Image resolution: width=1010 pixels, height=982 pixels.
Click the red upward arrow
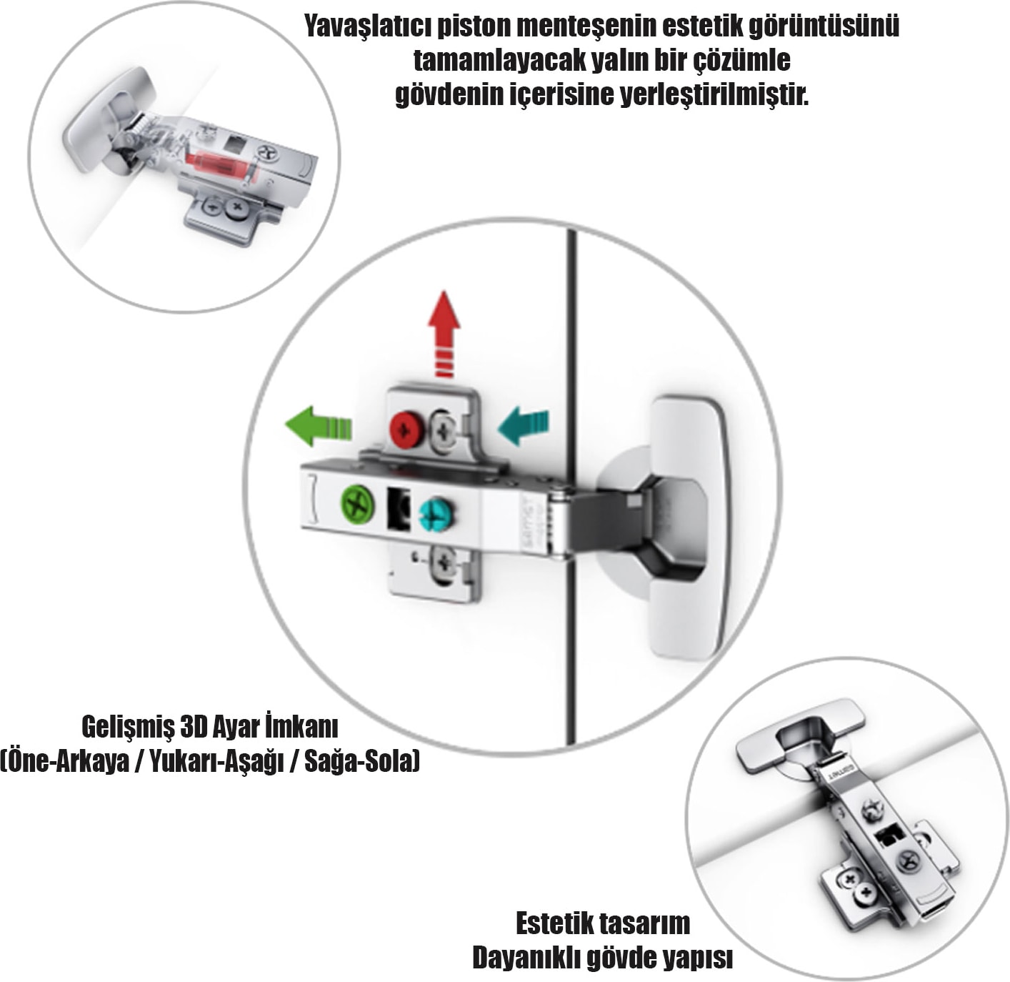(444, 333)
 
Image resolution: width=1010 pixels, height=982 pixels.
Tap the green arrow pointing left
(318, 426)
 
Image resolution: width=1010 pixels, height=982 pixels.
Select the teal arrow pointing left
(524, 427)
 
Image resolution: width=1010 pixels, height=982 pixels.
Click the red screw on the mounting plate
(405, 429)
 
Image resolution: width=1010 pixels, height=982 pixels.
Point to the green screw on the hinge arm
(357, 503)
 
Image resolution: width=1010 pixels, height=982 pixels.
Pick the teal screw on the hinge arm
(434, 515)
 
